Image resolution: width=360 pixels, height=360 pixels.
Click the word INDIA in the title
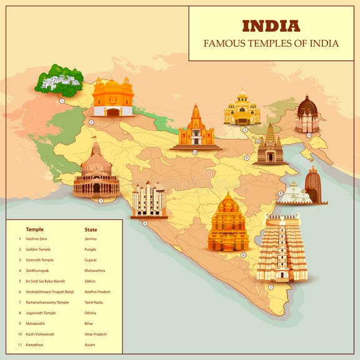(271, 26)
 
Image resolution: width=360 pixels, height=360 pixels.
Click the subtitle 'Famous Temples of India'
(271, 44)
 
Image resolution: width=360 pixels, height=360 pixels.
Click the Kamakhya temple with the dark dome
(307, 114)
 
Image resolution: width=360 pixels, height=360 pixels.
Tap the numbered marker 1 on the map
(62, 100)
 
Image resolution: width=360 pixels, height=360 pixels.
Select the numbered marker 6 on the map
(243, 255)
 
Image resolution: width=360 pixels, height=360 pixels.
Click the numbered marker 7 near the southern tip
(271, 287)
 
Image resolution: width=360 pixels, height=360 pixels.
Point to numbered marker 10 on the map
(194, 152)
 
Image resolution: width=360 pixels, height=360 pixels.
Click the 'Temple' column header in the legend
(35, 229)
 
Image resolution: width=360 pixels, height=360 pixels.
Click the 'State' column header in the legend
(91, 229)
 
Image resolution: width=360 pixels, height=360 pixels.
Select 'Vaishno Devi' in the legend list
(37, 239)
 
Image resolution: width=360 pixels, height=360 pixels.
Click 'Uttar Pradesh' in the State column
(97, 334)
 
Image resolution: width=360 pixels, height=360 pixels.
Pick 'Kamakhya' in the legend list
(35, 345)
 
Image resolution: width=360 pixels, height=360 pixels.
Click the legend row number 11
(19, 345)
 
